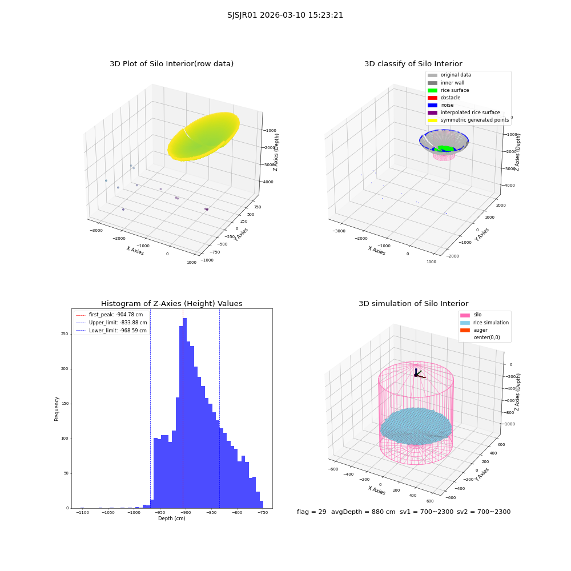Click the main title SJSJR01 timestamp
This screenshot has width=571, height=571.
(x=285, y=15)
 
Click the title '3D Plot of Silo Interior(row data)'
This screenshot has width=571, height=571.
(x=171, y=64)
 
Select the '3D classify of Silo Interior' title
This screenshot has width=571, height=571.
(x=413, y=64)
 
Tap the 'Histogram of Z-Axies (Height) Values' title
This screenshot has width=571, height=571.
(x=171, y=303)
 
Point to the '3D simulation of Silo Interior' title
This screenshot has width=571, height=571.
(x=413, y=303)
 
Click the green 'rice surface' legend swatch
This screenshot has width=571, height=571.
(x=432, y=90)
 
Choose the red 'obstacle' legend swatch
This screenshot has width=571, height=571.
(x=432, y=98)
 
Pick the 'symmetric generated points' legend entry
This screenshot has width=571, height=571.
(x=468, y=120)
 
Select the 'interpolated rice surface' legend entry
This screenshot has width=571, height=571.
(x=464, y=112)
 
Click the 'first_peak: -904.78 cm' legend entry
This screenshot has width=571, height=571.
(x=110, y=315)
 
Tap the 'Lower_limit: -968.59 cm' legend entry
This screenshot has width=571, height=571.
(x=111, y=331)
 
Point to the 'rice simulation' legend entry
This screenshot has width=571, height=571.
(x=484, y=323)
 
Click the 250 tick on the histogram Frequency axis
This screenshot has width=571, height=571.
(x=65, y=334)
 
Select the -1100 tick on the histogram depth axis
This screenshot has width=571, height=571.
(x=82, y=512)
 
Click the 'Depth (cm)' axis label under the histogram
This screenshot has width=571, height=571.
(x=172, y=518)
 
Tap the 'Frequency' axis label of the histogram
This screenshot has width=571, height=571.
(x=57, y=409)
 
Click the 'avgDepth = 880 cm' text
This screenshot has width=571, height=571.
(x=363, y=512)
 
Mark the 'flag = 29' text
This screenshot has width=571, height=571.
(x=312, y=512)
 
